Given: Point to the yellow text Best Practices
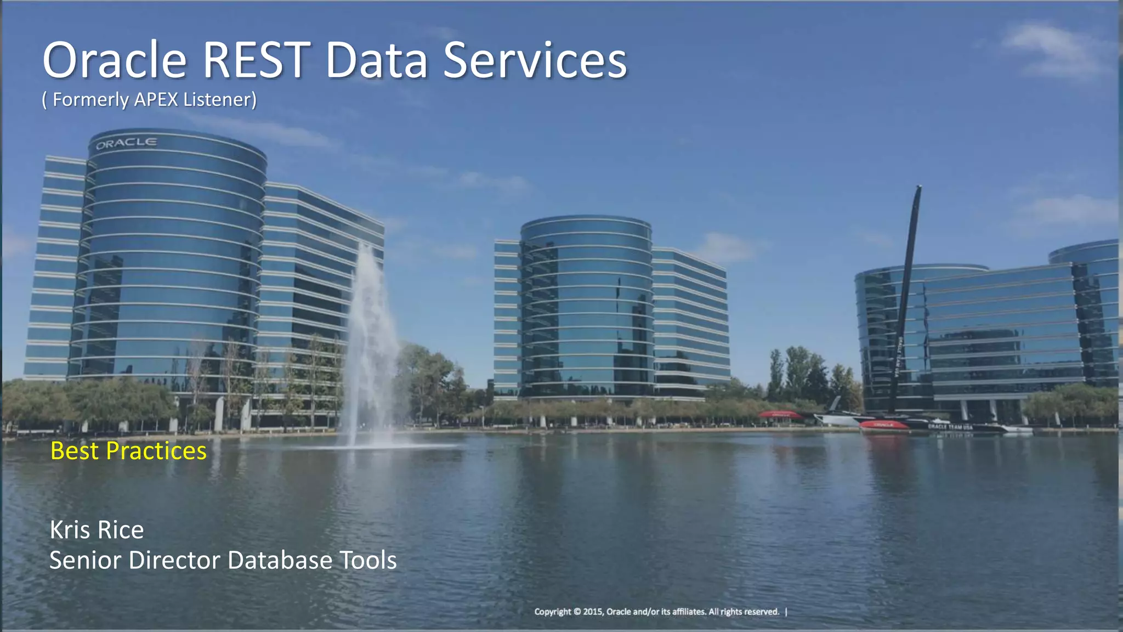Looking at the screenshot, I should [x=128, y=451].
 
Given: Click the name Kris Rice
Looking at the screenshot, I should [x=97, y=530].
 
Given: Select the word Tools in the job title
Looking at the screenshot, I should [x=368, y=560].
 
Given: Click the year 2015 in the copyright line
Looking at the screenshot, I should [x=592, y=612].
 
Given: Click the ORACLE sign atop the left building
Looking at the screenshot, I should [x=126, y=143].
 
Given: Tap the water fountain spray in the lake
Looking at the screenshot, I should [x=371, y=340].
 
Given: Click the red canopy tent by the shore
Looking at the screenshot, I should [x=779, y=415].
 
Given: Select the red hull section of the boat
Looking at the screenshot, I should [x=883, y=425].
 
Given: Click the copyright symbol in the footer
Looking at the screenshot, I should [x=576, y=612].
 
